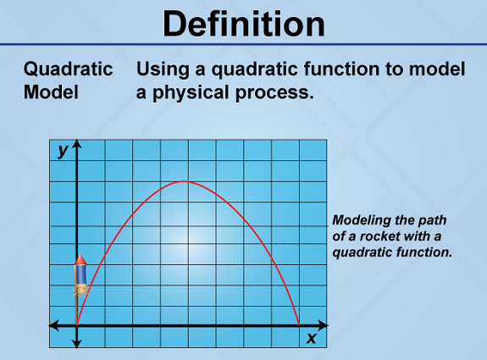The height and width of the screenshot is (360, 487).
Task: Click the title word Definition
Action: tap(244, 24)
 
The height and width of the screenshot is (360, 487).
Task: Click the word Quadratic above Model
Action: tap(68, 69)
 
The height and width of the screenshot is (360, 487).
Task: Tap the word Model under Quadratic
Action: tap(51, 92)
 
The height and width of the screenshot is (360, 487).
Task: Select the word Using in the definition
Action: tap(163, 69)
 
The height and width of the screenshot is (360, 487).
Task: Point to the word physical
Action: tap(191, 93)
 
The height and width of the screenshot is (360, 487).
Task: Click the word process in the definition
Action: tap(275, 93)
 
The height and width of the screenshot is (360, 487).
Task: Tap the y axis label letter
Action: tap(63, 151)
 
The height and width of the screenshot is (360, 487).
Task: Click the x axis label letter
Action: tap(311, 338)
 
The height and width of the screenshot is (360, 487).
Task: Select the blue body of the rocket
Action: tap(80, 274)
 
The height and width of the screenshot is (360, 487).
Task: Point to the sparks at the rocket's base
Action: tap(81, 291)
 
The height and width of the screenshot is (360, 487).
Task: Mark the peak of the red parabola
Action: tap(184, 181)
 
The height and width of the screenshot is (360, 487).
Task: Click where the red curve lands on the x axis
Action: tap(299, 325)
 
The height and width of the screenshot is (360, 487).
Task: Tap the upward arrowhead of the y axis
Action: tap(77, 144)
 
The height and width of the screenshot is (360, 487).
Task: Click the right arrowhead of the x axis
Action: tap(324, 325)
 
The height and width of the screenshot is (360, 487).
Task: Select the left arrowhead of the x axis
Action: tap(53, 325)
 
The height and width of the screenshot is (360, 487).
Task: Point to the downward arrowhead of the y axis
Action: tap(77, 343)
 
